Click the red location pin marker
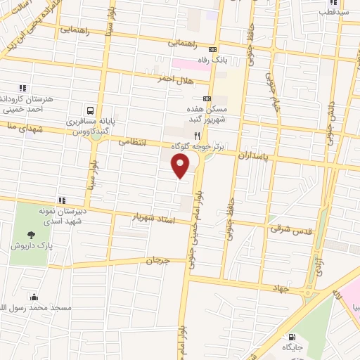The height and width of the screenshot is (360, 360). click(x=181, y=166)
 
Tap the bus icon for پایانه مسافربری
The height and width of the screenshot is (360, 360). click(x=90, y=110)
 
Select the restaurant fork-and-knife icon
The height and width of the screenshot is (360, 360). click(x=198, y=135)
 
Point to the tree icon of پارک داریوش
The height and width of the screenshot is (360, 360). click(x=30, y=235)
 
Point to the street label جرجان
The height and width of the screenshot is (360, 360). click(x=158, y=261)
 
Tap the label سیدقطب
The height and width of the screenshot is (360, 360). click(x=333, y=12)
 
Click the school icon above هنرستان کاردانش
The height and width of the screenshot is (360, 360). click(x=23, y=88)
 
